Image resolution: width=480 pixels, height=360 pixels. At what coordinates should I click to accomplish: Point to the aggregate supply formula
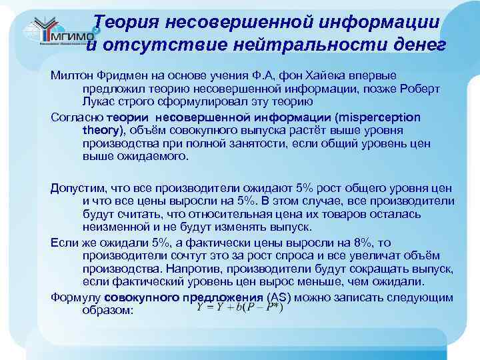[240, 307]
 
